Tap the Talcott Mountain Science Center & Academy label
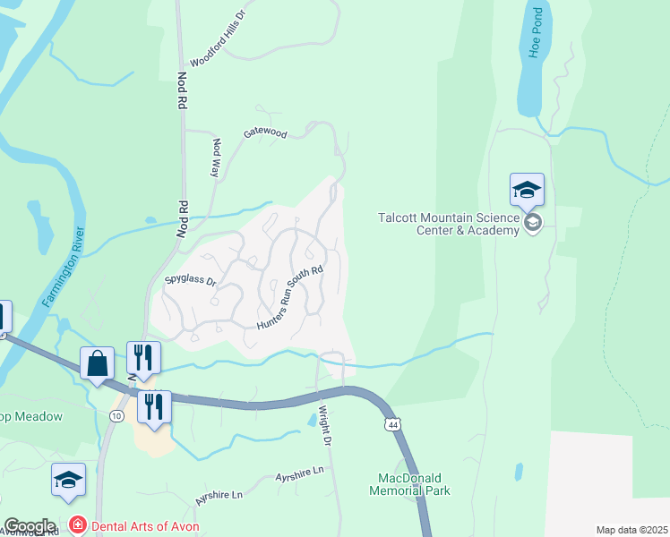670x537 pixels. pyautogui.click(x=448, y=224)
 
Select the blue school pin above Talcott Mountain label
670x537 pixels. pyautogui.click(x=527, y=190)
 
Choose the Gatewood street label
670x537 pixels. pyautogui.click(x=265, y=133)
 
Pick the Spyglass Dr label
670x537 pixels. pyautogui.click(x=191, y=281)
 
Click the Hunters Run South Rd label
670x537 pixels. pyautogui.click(x=288, y=296)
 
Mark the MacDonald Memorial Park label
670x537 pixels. pyautogui.click(x=409, y=484)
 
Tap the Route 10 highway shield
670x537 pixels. pyautogui.click(x=116, y=416)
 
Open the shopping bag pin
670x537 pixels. pyautogui.click(x=97, y=363)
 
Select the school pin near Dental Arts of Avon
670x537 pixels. pyautogui.click(x=68, y=480)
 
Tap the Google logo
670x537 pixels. pyautogui.click(x=30, y=526)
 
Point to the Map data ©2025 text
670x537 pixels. pyautogui.click(x=631, y=530)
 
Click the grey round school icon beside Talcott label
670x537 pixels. pyautogui.click(x=533, y=223)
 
